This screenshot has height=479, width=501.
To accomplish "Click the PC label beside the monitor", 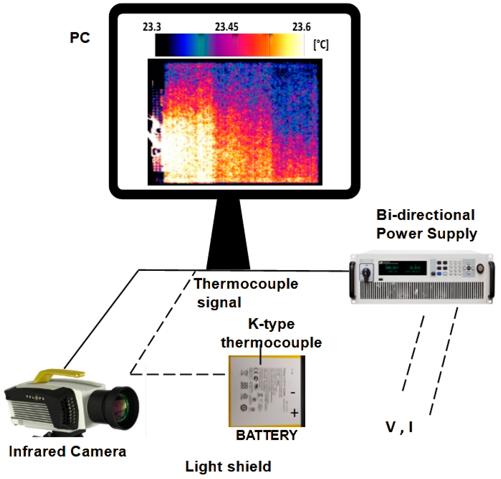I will point(80,38).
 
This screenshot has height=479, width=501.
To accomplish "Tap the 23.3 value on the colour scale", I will point(152,27).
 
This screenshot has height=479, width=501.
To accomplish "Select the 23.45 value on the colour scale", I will point(226,27).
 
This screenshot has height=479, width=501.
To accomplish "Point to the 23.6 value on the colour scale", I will point(301,27).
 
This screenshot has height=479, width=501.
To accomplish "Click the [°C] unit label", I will point(321,45).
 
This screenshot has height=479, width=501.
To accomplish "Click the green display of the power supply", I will point(402,268).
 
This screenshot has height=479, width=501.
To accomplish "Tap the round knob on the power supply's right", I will point(480,268).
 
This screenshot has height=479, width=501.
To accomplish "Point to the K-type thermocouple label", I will point(271,333).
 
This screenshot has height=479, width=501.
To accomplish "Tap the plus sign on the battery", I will point(295,413).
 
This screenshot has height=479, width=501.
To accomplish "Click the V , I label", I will point(399,427).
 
